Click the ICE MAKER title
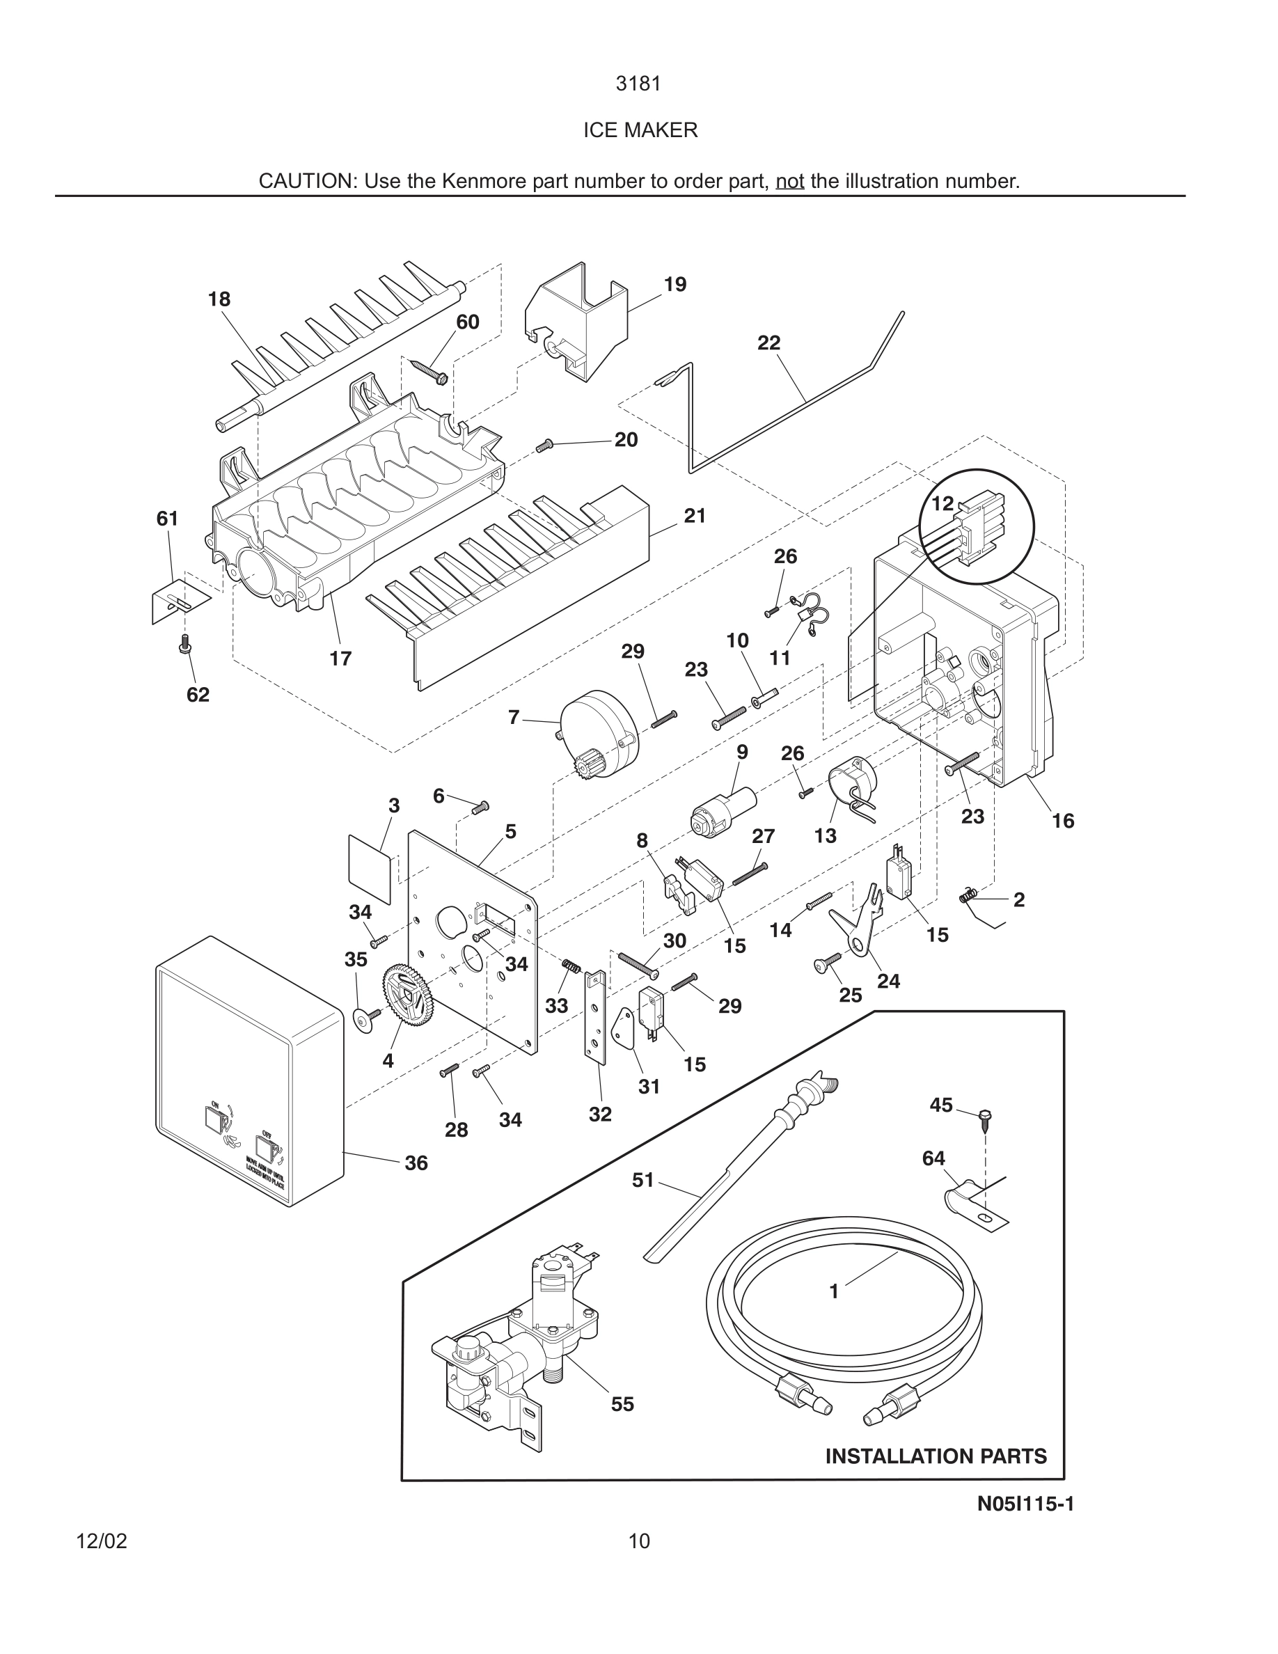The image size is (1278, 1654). pos(640,130)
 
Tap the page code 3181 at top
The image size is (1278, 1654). pos(638,84)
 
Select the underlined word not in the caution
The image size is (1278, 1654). pos(789,182)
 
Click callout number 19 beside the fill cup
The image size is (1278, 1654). pos(674,285)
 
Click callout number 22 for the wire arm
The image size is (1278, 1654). pos(768,343)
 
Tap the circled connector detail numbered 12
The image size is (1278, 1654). pos(976,526)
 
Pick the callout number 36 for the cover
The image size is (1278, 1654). pos(416,1163)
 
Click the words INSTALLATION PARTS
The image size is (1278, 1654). pos(936,1456)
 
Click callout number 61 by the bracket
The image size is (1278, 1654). pos(167,519)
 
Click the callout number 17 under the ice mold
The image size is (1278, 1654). pos(340,659)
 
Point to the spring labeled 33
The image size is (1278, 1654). pos(571,967)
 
